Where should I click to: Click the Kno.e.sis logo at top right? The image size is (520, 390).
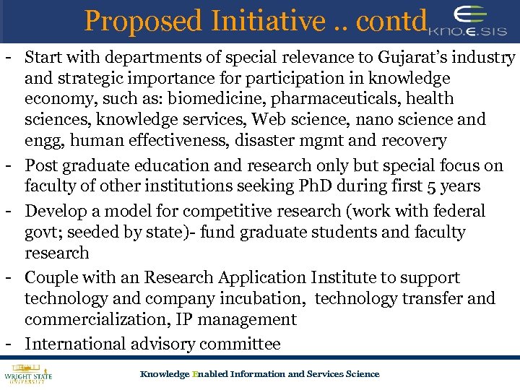point(469,22)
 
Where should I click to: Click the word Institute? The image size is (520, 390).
point(346,278)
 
